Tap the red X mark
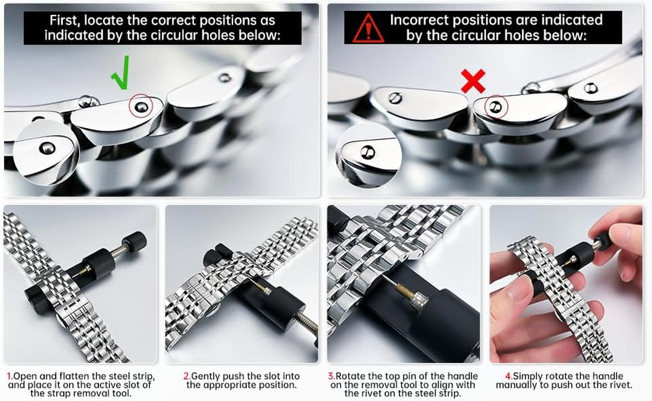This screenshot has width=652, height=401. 473,81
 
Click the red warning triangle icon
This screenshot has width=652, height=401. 368,28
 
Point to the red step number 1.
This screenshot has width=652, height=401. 10,376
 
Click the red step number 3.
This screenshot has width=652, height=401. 331,376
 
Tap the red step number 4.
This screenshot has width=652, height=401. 508,376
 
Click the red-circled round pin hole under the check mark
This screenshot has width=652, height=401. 141,107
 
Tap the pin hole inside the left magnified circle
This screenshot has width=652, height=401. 47,148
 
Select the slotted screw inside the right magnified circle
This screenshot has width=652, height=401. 368,152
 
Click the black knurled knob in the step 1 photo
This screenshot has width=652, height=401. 134,242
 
